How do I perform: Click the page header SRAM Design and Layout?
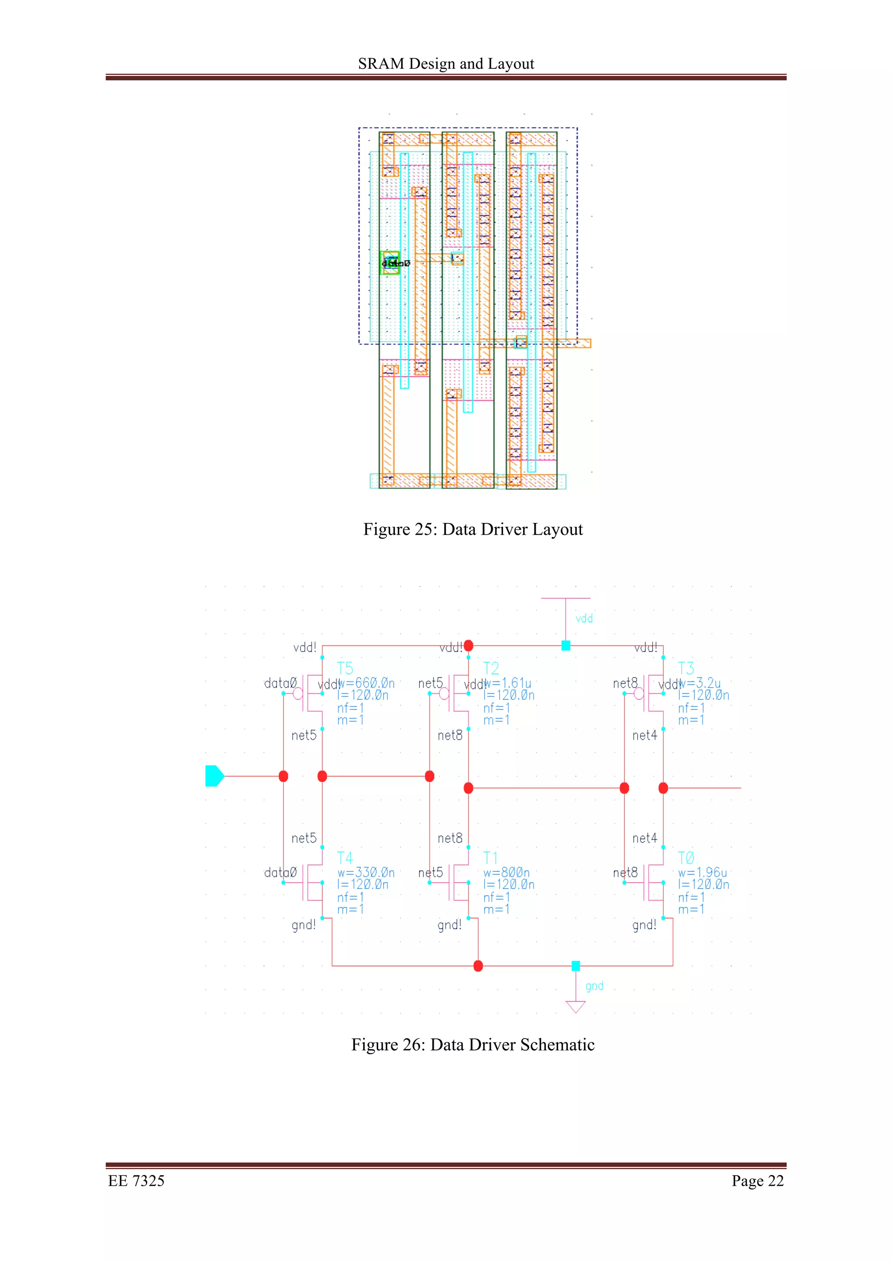446,64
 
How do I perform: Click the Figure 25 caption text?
473,529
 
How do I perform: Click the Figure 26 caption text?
473,1044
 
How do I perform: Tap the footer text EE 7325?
136,1181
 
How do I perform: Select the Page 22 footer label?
757,1181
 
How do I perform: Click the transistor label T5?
345,668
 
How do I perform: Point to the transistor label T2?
491,668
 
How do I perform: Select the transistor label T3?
686,668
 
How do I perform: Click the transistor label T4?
345,857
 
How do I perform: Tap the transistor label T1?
491,857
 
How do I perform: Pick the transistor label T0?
686,857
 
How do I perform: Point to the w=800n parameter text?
506,872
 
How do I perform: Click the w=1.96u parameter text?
703,872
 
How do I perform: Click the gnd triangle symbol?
575,1006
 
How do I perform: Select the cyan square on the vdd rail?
565,646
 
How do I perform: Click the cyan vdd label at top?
584,619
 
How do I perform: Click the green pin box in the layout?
390,262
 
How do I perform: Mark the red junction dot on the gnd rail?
478,966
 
